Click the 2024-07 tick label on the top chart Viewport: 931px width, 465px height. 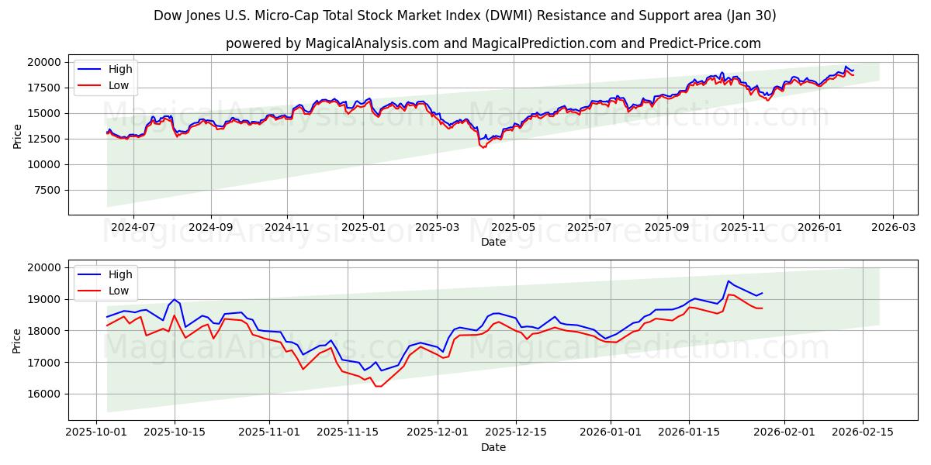pyautogui.click(x=133, y=228)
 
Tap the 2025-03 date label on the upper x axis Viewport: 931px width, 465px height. pyautogui.click(x=437, y=228)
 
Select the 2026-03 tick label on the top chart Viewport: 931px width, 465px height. pyautogui.click(x=893, y=228)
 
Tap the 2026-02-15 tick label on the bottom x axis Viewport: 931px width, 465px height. pyautogui.click(x=864, y=432)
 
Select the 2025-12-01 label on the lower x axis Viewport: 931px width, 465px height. pyautogui.click(x=438, y=432)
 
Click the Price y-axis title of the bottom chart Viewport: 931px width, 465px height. pyautogui.click(x=17, y=340)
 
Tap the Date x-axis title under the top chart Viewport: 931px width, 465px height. pyautogui.click(x=493, y=242)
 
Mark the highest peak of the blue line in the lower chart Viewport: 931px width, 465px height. pyautogui.click(x=729, y=281)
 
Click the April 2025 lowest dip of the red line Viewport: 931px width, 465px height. pyautogui.click(x=483, y=147)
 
